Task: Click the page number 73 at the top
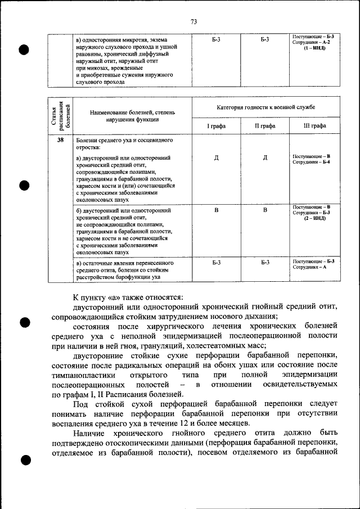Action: tap(193, 22)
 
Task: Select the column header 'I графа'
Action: tap(216, 126)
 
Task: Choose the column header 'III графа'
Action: tap(314, 126)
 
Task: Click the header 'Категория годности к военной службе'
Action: tap(265, 106)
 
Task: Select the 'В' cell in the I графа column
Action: tap(216, 210)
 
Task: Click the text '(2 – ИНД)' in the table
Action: tap(314, 218)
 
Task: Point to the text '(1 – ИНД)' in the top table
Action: tap(314, 48)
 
